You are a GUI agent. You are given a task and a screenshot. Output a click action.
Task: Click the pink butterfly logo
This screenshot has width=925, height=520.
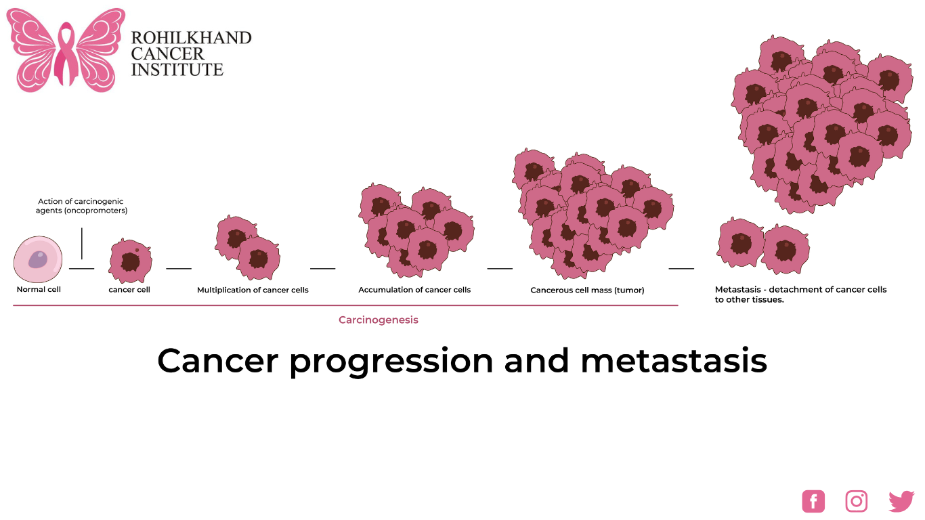[x=66, y=49]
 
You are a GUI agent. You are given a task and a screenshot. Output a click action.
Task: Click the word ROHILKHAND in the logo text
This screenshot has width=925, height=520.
[x=191, y=38]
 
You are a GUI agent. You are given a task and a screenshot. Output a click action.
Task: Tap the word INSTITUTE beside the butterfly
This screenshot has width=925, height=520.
[x=177, y=70]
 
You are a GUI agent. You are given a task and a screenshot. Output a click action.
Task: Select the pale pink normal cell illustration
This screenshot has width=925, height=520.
[x=38, y=259]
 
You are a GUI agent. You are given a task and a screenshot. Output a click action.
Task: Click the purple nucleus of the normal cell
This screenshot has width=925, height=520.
[x=38, y=259]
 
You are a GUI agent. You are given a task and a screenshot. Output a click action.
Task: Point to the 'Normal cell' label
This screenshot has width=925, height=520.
[x=39, y=290]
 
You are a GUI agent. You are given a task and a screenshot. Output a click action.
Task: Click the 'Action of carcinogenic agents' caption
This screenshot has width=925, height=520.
[x=81, y=206]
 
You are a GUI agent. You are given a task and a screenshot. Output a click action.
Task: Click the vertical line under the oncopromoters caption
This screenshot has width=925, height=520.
[x=82, y=243]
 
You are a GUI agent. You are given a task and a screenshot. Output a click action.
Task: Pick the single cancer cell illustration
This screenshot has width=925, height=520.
[x=129, y=261]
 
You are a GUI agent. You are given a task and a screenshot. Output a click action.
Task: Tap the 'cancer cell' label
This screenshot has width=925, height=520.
[x=129, y=290]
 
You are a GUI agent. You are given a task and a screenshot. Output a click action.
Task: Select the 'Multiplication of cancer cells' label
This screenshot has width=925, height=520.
[x=253, y=290]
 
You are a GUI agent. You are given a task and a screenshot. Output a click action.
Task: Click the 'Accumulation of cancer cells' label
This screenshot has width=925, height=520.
[x=414, y=290]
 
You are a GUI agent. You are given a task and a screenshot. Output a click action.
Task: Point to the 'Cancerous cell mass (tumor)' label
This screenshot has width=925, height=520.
[x=587, y=290]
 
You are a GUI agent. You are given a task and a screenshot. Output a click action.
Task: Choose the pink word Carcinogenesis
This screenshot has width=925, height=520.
[x=379, y=320]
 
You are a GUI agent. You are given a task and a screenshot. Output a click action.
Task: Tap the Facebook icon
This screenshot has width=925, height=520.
[x=813, y=501]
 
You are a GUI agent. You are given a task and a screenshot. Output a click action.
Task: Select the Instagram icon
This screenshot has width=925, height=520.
[x=857, y=501]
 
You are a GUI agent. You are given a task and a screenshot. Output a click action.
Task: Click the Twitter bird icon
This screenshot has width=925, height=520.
[x=901, y=501]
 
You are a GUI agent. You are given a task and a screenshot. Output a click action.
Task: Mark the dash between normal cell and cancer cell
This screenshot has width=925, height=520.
[x=81, y=269]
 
